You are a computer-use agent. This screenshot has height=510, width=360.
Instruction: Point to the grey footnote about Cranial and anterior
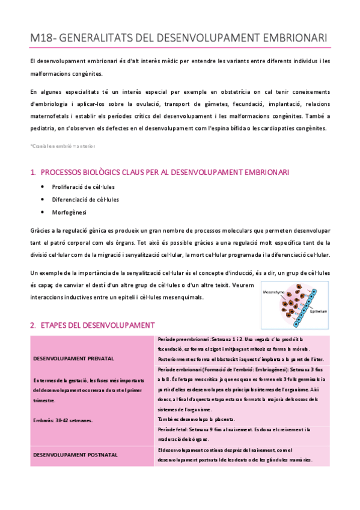click(x=62, y=146)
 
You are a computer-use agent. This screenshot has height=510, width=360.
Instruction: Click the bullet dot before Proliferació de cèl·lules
click(x=42, y=187)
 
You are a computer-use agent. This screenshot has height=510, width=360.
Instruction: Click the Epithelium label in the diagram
click(x=318, y=311)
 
